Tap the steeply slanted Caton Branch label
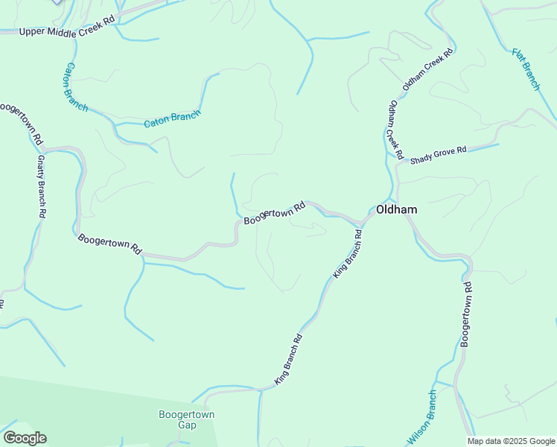tap(74, 87)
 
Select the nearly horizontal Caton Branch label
tap(172, 119)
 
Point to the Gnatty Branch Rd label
tap(42, 186)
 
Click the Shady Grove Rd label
tap(438, 150)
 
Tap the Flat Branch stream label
tap(526, 69)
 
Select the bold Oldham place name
tap(396, 210)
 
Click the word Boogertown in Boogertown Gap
tap(186, 414)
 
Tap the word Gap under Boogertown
tap(186, 425)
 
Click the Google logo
tap(25, 437)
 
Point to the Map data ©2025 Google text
tap(512, 441)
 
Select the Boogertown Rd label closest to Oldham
tap(275, 212)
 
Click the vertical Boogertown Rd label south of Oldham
tap(466, 314)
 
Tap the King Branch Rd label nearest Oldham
tap(347, 254)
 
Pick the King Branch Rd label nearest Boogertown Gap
tap(288, 360)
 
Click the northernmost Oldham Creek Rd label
tap(427, 69)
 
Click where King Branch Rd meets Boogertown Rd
tap(363, 221)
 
